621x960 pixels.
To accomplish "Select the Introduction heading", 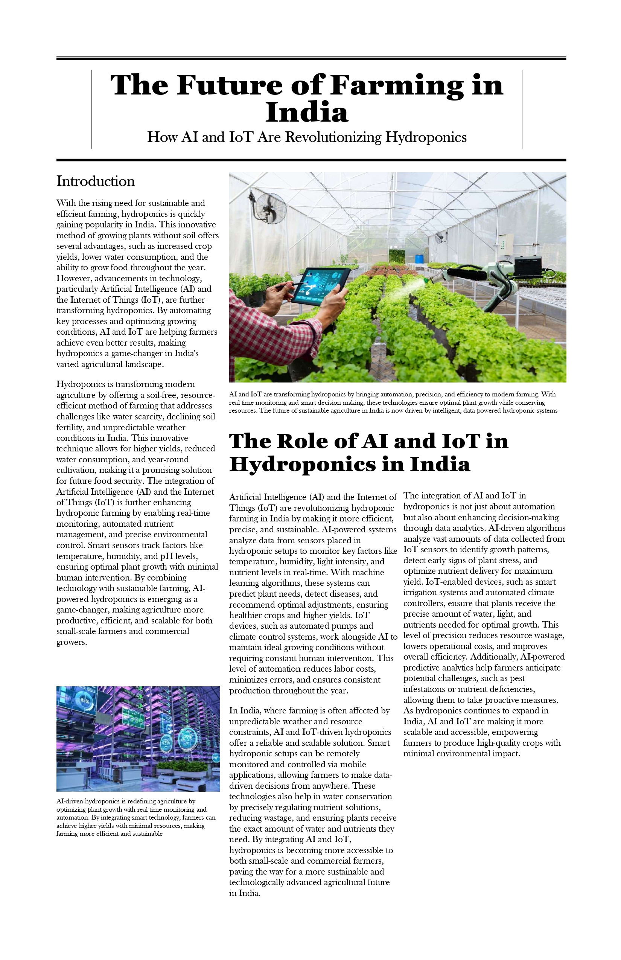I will [x=96, y=181].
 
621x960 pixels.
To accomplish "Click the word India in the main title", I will [x=307, y=112].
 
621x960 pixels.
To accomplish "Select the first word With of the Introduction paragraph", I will [x=65, y=203].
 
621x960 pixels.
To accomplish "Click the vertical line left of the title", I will [x=92, y=109].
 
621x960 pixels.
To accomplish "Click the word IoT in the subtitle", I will [x=241, y=137].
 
